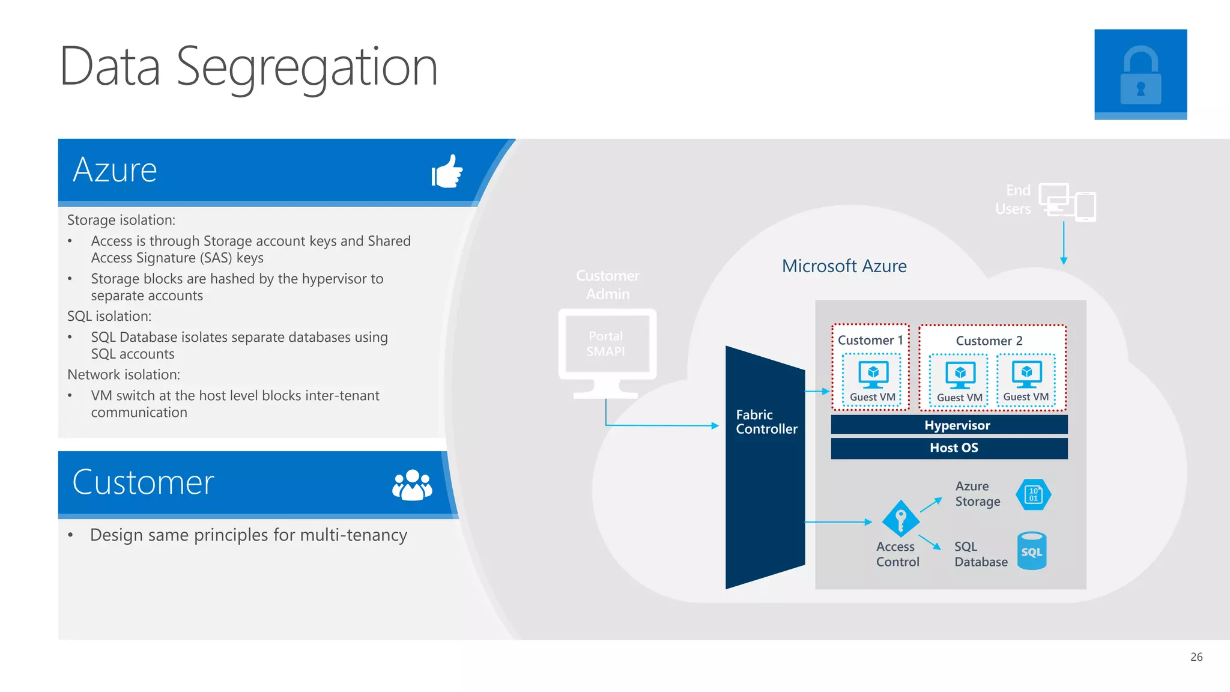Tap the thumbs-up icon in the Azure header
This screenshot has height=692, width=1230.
[447, 172]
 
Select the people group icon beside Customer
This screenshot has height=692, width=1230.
[412, 485]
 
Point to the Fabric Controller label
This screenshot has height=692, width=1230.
[766, 422]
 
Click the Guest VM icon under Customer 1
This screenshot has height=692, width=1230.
[873, 374]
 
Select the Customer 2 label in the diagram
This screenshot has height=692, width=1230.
[989, 341]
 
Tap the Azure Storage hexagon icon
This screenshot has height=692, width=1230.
[1033, 494]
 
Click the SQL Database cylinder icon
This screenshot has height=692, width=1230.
[1032, 551]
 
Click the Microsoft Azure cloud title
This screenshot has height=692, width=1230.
[844, 266]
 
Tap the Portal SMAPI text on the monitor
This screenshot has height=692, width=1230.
[606, 344]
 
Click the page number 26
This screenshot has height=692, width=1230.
[1196, 657]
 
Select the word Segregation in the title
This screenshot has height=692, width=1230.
[306, 67]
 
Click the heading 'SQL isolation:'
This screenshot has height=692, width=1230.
[109, 316]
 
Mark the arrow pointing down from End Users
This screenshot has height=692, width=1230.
[1064, 244]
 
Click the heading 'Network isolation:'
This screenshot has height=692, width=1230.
[124, 374]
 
